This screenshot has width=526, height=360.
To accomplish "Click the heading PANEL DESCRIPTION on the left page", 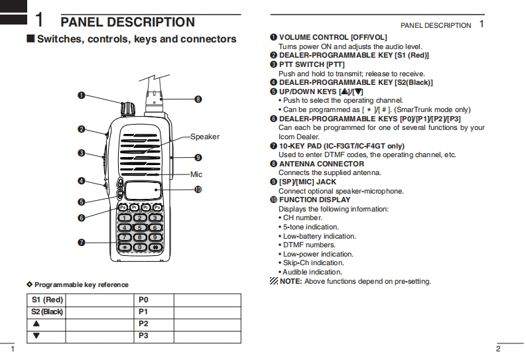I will (x=128, y=23).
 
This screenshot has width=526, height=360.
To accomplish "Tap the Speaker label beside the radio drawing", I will (x=204, y=137).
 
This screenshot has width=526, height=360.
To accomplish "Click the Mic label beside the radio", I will (x=196, y=174).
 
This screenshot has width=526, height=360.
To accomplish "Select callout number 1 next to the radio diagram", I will (x=81, y=95).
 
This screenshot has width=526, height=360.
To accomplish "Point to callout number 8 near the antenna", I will (x=198, y=99).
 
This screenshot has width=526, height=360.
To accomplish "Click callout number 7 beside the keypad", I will (x=81, y=243).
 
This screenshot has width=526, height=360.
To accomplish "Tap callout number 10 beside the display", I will (x=198, y=190).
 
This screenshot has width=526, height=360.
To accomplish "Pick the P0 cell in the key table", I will (x=143, y=300).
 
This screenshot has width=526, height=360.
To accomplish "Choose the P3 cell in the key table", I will (x=143, y=336).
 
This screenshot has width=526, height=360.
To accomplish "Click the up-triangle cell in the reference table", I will (x=36, y=324).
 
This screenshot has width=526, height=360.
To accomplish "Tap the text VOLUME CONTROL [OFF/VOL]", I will (x=332, y=38).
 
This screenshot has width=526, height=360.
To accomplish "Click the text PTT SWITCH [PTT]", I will (x=312, y=64).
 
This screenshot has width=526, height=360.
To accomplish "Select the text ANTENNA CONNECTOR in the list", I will (x=321, y=164).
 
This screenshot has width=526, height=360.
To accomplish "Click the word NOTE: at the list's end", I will (x=291, y=281).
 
